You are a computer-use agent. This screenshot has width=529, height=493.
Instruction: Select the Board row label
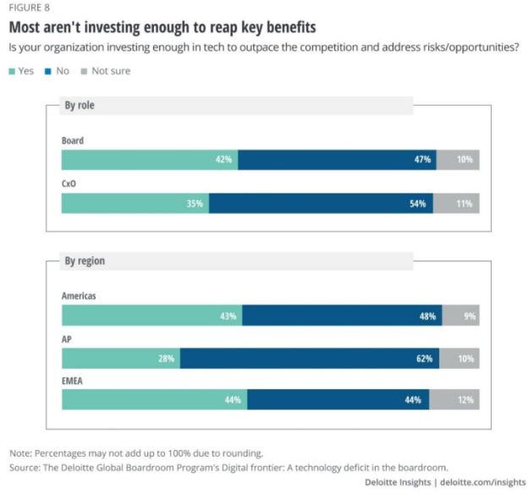[73, 140]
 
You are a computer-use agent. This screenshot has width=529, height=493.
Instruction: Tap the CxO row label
[70, 183]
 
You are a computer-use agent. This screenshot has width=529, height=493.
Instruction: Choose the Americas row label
[79, 296]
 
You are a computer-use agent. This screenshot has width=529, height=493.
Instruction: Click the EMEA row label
[74, 381]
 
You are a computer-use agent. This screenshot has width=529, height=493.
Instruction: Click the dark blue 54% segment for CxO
[321, 203]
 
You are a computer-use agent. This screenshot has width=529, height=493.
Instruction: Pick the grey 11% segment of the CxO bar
[456, 203]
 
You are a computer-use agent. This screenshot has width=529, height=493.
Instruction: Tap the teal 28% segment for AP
[121, 358]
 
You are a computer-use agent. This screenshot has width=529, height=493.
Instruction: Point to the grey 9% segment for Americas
[460, 316]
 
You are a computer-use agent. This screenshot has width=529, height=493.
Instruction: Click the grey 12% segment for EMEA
[455, 400]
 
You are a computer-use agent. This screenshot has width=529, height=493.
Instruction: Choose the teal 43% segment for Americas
[152, 316]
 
